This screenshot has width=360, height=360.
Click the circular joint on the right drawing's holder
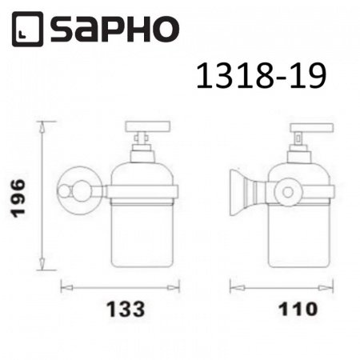[x=284, y=192]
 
